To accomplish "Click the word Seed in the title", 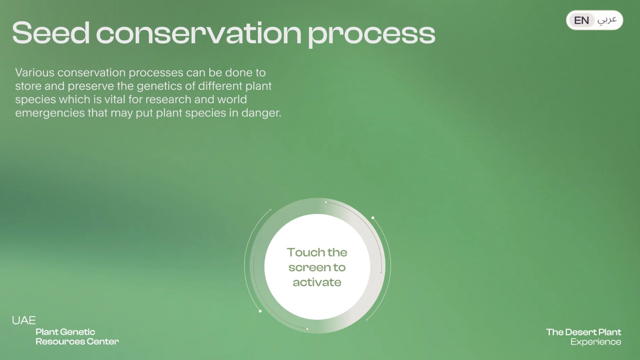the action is (51, 33).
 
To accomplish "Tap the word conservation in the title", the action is (199, 33).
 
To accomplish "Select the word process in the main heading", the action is (372, 35).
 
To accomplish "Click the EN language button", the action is (581, 20).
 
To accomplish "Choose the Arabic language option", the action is (607, 20).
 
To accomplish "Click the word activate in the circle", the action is (317, 282).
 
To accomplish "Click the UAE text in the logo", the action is (24, 320).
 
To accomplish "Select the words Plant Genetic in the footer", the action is (65, 332).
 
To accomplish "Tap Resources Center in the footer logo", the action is (77, 342).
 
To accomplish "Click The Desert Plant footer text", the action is (584, 332).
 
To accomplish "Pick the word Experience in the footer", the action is (596, 342).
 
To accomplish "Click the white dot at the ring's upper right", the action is (373, 218).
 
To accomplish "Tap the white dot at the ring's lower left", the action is (260, 311).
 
